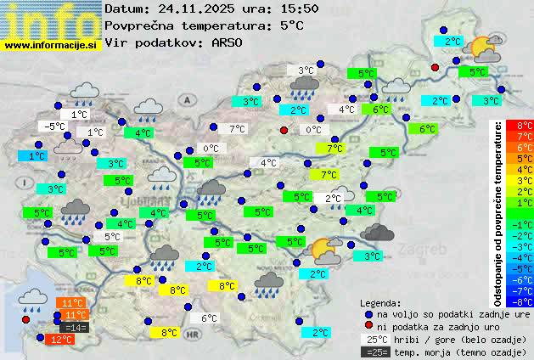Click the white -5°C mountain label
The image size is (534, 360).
[x=55, y=126]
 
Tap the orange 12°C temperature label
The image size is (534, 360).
[x=60, y=339]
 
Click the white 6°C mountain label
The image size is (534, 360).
[x=208, y=318]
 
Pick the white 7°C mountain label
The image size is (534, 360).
[x=238, y=129]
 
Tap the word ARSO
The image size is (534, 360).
[x=230, y=42]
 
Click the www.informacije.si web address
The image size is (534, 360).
[x=51, y=45]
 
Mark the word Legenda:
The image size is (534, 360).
[x=381, y=302]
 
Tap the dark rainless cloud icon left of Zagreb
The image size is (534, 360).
[x=376, y=231]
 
